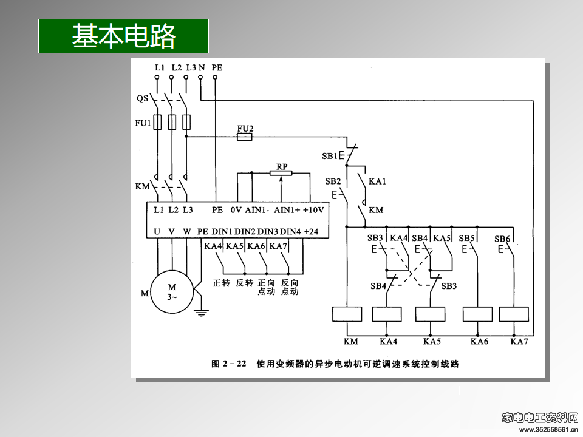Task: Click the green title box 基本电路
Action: coord(123,36)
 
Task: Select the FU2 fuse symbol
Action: coord(244,137)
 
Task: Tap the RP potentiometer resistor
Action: coord(281,174)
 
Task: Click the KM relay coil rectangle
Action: coord(347,314)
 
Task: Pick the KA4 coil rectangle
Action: coord(387,314)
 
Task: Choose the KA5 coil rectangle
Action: coord(431,314)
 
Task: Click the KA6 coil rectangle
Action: coord(477,314)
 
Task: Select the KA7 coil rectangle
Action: coord(514,314)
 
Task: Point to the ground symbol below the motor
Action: coord(201,313)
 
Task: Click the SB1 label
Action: coord(330,156)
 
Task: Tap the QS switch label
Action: coord(142,98)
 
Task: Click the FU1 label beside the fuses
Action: coord(142,123)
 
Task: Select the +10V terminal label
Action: coord(313,210)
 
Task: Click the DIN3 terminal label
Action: coord(268,231)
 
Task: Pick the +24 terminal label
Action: coord(311,231)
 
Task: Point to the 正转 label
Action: coord(221,283)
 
